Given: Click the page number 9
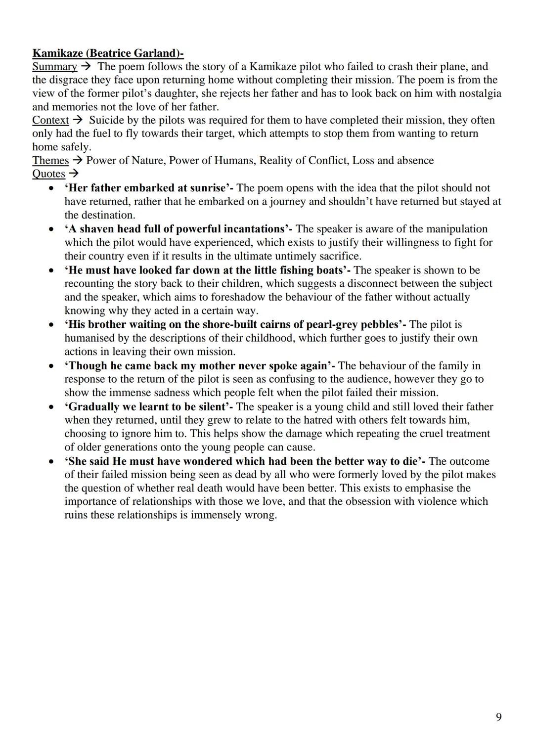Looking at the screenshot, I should pyautogui.click(x=498, y=717).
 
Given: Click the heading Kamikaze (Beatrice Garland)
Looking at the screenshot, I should pyautogui.click(x=108, y=53).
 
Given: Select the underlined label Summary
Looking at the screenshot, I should pyautogui.click(x=54, y=67).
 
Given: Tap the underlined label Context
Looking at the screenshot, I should pyautogui.click(x=50, y=120).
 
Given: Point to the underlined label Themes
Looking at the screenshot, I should pyautogui.click(x=50, y=161).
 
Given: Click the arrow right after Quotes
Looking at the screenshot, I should pyautogui.click(x=74, y=174).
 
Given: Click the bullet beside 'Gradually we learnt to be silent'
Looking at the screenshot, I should pyautogui.click(x=51, y=407).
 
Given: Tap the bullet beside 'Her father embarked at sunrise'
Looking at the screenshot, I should pyautogui.click(x=51, y=188).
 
